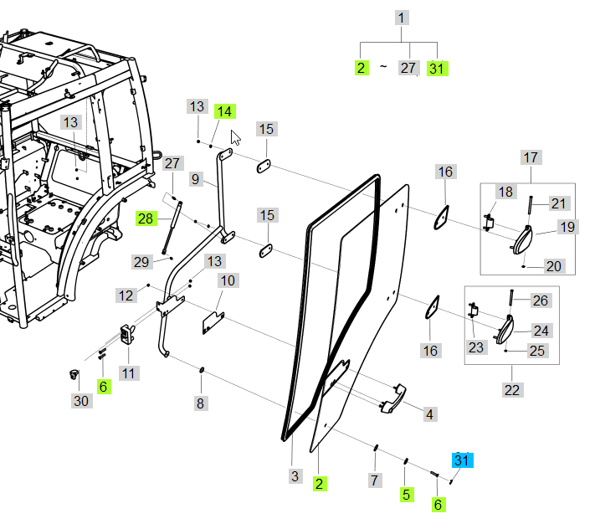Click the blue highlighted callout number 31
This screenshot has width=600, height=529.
(462, 460)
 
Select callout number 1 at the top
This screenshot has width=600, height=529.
(403, 18)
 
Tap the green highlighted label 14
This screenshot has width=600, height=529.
(224, 111)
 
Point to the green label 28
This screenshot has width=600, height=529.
(146, 218)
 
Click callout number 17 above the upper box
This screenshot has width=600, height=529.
(531, 157)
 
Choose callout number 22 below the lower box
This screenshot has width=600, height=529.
(511, 390)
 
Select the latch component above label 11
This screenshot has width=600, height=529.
(128, 334)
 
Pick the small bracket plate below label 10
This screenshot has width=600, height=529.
(215, 321)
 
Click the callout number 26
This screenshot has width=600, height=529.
(541, 300)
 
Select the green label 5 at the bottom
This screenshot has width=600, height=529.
(406, 494)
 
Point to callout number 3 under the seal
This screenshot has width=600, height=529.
(295, 476)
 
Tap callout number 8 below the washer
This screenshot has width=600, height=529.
(200, 403)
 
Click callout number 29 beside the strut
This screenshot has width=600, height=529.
(141, 262)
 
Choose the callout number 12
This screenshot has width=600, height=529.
(126, 295)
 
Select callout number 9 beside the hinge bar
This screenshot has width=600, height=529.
(195, 178)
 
